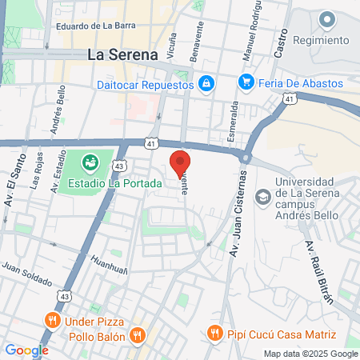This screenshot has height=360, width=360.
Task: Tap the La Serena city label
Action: click(x=121, y=56)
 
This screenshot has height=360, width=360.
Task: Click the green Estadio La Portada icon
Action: click(x=90, y=164)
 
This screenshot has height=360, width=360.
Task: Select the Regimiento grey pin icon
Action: click(x=326, y=19)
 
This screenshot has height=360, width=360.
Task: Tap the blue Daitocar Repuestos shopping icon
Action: click(x=206, y=82)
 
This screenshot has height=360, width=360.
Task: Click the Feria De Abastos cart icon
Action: click(x=246, y=82)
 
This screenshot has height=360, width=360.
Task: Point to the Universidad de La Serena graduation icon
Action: click(x=262, y=196)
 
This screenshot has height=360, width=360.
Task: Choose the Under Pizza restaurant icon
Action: click(x=53, y=321)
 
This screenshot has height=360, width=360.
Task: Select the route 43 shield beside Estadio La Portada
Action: click(x=119, y=164)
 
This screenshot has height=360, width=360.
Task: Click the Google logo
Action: click(x=26, y=350)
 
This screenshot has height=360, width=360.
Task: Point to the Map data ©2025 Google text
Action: click(x=311, y=354)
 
